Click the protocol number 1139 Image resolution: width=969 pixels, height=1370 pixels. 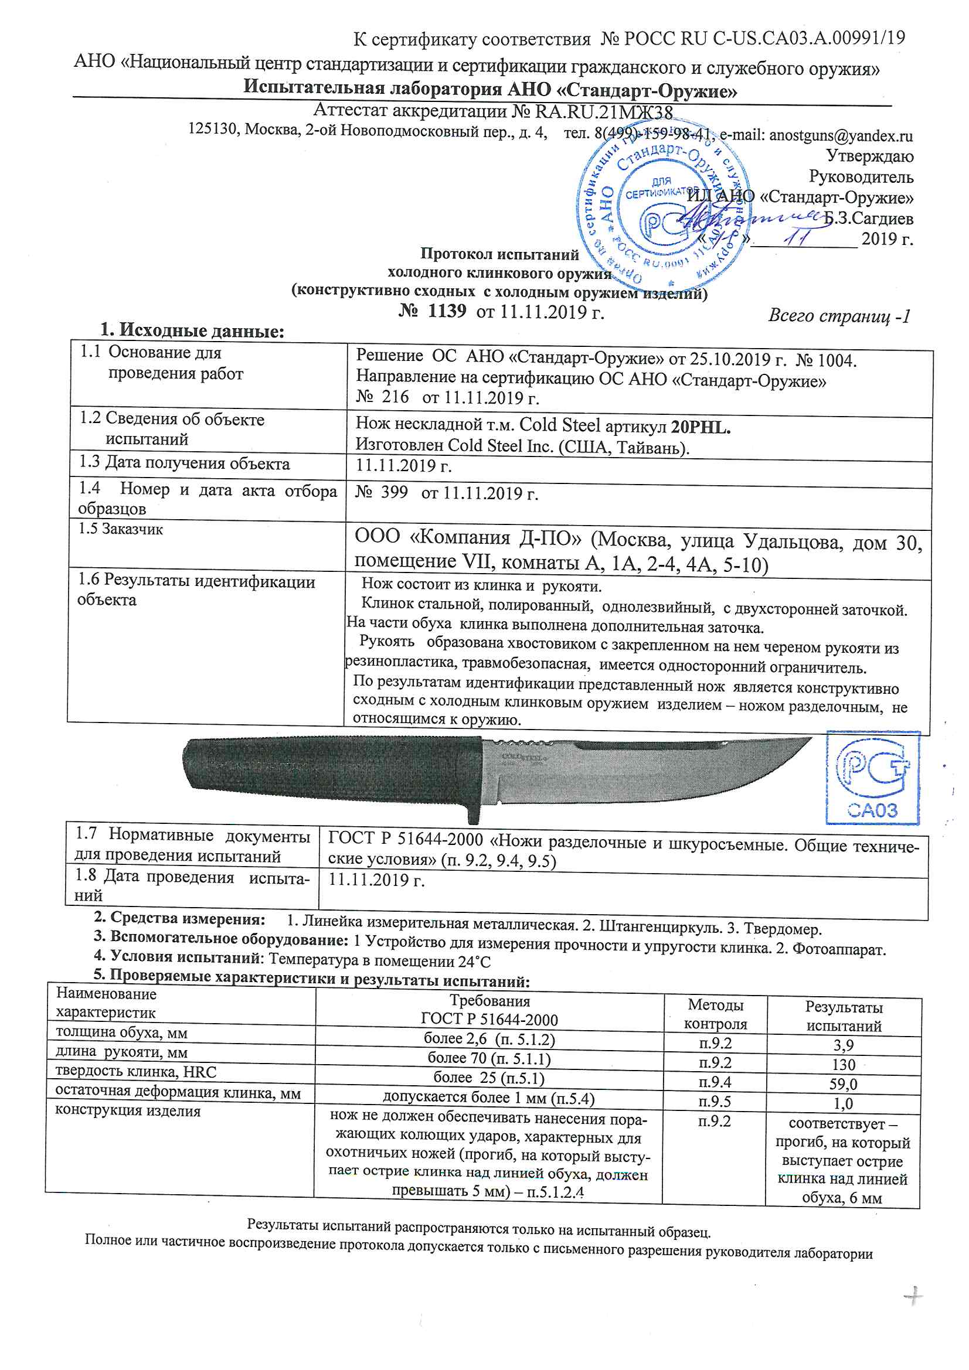(447, 311)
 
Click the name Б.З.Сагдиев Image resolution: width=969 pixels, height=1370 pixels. (868, 219)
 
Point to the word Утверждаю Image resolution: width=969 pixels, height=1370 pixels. (869, 156)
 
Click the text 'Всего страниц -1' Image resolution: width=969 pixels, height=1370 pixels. (839, 316)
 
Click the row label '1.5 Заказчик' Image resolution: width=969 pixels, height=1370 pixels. (121, 529)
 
